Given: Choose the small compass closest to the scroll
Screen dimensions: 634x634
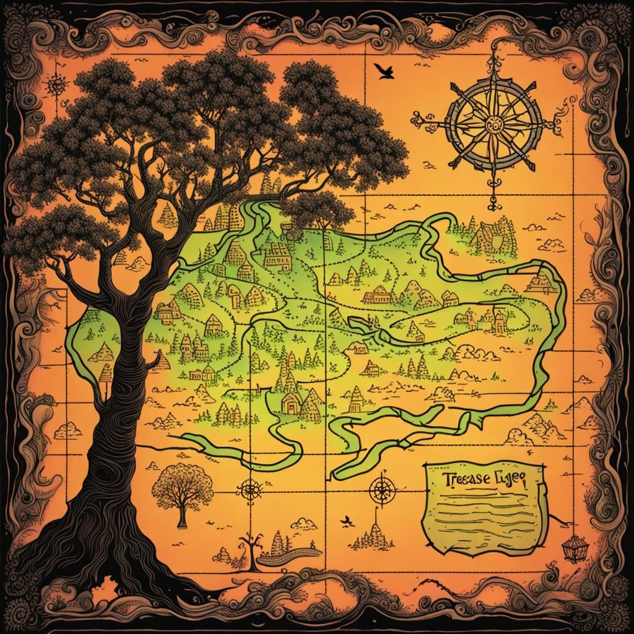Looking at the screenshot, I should pyautogui.click(x=382, y=492).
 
